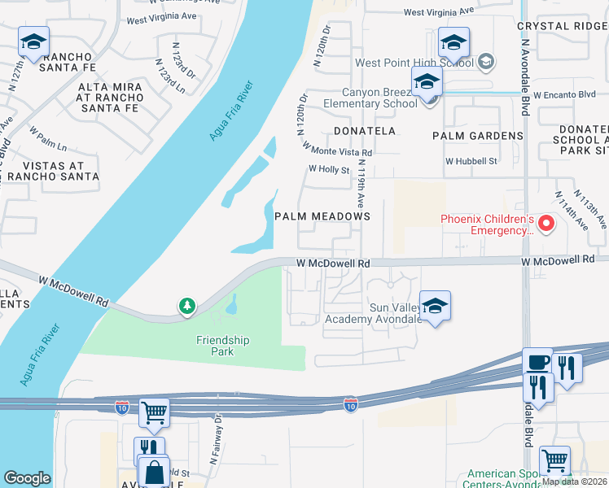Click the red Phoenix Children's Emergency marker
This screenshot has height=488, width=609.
pos(547,223)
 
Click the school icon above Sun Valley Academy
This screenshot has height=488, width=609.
pos(435,306)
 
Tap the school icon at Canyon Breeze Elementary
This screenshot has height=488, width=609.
pos(426,82)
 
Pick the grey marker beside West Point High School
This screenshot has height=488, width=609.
pos(485,62)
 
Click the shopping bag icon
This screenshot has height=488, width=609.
pos(154,471)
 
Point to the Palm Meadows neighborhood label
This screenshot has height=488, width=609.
pos(322,216)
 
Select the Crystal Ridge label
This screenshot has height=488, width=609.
pos(563,26)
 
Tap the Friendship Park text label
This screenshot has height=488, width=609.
pos(222,346)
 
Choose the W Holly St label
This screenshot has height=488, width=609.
pos(328,170)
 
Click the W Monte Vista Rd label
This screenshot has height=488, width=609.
pos(337,149)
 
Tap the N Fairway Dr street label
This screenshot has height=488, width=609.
pos(215,439)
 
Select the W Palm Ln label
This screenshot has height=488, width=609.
pos(47,137)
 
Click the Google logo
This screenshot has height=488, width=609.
pos(27,478)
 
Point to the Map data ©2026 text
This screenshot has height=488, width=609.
pos(575,481)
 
